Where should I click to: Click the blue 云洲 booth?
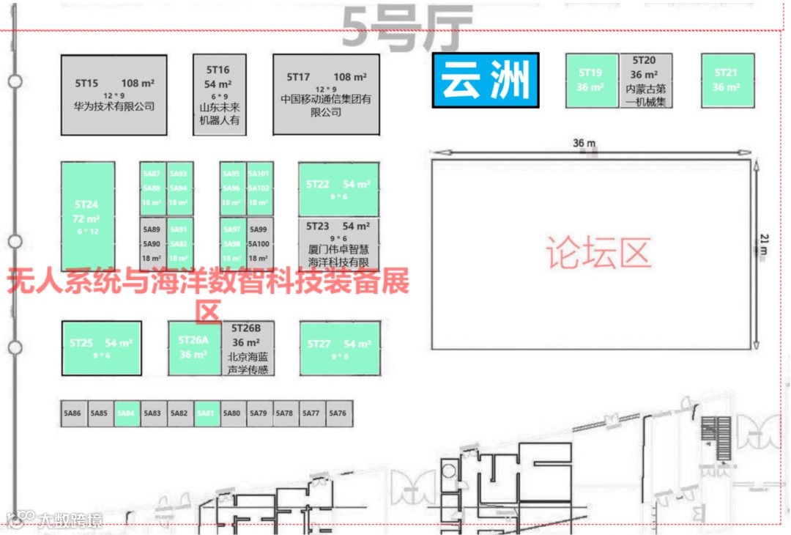tap(486, 81)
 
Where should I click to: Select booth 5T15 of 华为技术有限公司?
tap(114, 95)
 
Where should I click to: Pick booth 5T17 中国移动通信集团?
tap(326, 95)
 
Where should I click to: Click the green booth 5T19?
tap(591, 81)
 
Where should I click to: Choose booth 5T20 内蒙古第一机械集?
tap(645, 81)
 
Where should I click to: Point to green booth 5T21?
tap(726, 81)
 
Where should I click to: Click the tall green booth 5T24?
tap(87, 216)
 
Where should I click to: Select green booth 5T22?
tap(338, 189)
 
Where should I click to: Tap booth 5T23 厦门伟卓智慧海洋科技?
tap(338, 244)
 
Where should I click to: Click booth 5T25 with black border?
tap(101, 348)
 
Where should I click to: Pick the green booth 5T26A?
tap(194, 348)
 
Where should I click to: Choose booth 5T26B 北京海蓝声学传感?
tap(247, 348)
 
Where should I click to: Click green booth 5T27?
tap(339, 348)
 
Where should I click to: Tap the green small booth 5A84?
tap(126, 413)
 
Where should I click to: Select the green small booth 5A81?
tap(205, 413)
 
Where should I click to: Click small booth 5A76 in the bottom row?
tap(338, 413)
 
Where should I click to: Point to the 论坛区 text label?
tap(598, 254)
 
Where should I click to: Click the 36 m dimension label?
tap(584, 143)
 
